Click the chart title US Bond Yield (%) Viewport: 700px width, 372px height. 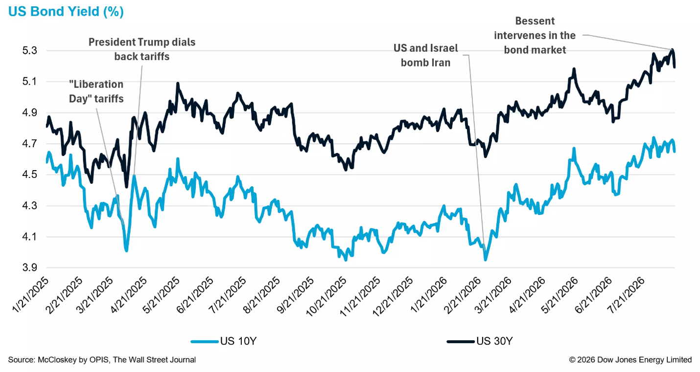coord(66,12)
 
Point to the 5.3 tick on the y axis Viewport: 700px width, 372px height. coord(30,50)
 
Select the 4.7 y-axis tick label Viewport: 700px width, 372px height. coord(30,144)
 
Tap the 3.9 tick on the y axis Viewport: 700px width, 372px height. coord(30,267)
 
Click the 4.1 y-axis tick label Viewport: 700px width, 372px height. coord(30,237)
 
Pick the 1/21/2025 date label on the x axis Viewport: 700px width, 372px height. coord(31,295)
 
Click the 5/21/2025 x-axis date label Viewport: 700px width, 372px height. coord(161,295)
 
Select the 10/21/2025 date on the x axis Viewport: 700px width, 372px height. coord(326,297)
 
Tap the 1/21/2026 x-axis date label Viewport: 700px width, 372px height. coord(428,295)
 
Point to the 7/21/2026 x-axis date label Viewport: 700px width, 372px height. coord(626,295)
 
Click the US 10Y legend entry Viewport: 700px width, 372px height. coord(223,341)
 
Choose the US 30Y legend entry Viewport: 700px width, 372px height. coord(480,341)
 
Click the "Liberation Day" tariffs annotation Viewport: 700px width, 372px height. coord(96,91)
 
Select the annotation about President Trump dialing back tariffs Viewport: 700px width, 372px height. coord(142,49)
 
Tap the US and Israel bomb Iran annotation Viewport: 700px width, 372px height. coord(425,55)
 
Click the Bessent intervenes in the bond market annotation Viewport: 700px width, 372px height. coord(535,35)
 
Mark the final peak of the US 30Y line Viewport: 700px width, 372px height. coord(673,50)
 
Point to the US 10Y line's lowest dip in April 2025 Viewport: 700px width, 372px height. coord(127,250)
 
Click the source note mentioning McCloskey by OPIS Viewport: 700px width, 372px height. coord(102,360)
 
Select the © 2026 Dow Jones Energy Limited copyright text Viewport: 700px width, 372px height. coord(630,360)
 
